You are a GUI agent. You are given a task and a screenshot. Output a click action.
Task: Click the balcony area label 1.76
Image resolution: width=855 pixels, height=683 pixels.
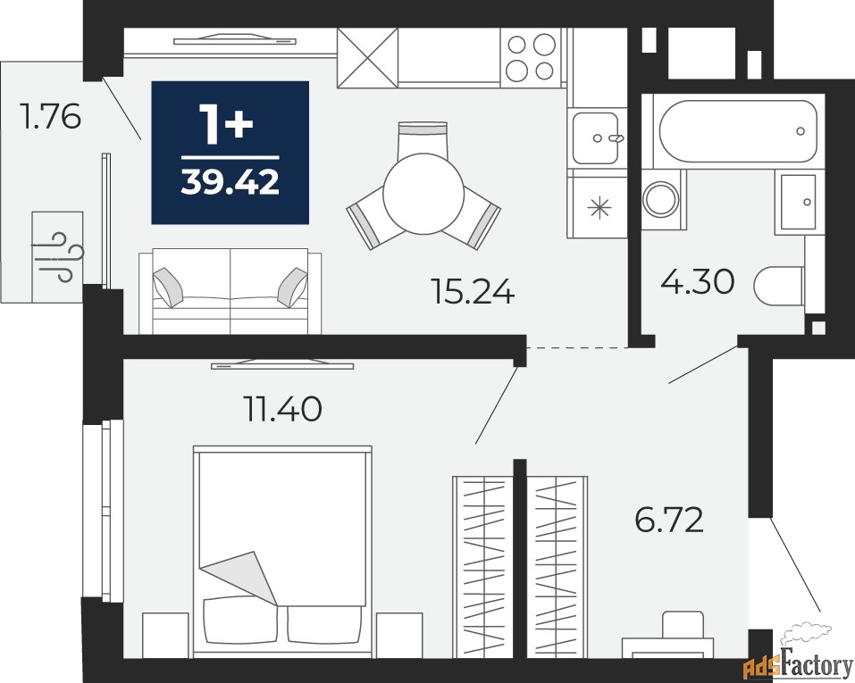[50, 116]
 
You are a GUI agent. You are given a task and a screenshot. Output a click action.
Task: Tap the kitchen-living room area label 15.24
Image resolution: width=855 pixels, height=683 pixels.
[473, 291]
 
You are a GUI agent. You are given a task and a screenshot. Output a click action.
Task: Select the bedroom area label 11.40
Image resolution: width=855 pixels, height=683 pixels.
[283, 409]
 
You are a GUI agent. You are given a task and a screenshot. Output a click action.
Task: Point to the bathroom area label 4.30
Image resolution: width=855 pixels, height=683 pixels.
[698, 282]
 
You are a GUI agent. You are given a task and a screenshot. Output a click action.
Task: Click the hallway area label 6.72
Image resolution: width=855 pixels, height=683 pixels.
[669, 520]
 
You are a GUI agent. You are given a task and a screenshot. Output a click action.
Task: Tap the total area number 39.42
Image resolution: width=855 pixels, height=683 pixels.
[231, 182]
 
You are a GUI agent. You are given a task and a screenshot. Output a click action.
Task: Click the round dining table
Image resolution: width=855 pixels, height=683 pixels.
[423, 194]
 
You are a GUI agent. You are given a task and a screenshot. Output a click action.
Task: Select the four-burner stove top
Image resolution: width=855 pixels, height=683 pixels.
[531, 58]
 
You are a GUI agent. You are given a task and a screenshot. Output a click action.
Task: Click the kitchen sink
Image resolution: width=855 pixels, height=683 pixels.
[595, 137]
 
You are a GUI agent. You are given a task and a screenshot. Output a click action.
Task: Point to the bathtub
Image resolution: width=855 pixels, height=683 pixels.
[738, 131]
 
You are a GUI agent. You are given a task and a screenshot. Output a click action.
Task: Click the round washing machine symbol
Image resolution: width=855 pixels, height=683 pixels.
[661, 199]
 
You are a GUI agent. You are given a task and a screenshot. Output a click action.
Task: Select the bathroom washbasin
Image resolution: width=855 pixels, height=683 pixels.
[799, 202]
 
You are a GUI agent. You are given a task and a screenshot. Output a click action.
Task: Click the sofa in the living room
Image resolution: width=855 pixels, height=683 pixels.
[231, 291]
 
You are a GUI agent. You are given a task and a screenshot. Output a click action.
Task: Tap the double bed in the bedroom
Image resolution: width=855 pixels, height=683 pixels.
[282, 552]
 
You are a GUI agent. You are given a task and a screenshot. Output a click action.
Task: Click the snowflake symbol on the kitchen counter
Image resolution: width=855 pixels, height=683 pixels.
[599, 208]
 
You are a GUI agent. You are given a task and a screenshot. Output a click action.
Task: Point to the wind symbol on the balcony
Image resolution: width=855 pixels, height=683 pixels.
[57, 257]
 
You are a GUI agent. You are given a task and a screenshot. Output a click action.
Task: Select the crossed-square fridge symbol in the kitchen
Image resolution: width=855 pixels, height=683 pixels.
[367, 58]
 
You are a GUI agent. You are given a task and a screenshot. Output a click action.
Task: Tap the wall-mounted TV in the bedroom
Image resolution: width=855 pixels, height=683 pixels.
[282, 364]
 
